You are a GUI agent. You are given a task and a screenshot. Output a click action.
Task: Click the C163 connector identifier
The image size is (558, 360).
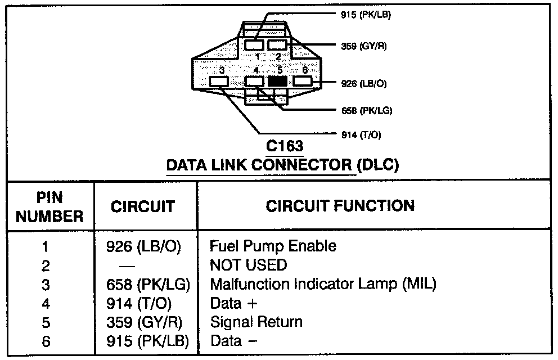tap(284, 147)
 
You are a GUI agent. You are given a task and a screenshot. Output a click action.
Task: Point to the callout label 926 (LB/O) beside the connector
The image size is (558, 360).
tap(363, 84)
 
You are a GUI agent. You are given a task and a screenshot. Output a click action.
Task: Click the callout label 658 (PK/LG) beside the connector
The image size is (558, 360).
tap(366, 111)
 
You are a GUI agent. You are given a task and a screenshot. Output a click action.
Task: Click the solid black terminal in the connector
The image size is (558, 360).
tap(277, 81)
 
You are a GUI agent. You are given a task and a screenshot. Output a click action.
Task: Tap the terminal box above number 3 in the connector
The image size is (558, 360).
tap(218, 82)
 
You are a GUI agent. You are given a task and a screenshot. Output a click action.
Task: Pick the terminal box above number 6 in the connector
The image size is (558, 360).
tap(302, 81)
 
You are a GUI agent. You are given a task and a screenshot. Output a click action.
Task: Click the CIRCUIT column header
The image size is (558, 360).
tap(142, 206)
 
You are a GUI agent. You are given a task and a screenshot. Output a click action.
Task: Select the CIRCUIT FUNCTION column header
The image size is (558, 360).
tap(340, 205)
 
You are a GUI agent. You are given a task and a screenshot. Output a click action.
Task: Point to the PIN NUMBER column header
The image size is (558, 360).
tap(49, 206)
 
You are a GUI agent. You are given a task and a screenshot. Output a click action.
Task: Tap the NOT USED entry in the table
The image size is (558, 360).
tap(248, 264)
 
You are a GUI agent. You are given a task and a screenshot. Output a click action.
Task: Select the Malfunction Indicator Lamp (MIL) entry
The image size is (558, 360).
tap(323, 284)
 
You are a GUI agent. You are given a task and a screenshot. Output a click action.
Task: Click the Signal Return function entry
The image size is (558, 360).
tap(256, 322)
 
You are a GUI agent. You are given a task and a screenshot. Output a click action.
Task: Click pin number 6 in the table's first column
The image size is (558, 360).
tap(46, 341)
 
